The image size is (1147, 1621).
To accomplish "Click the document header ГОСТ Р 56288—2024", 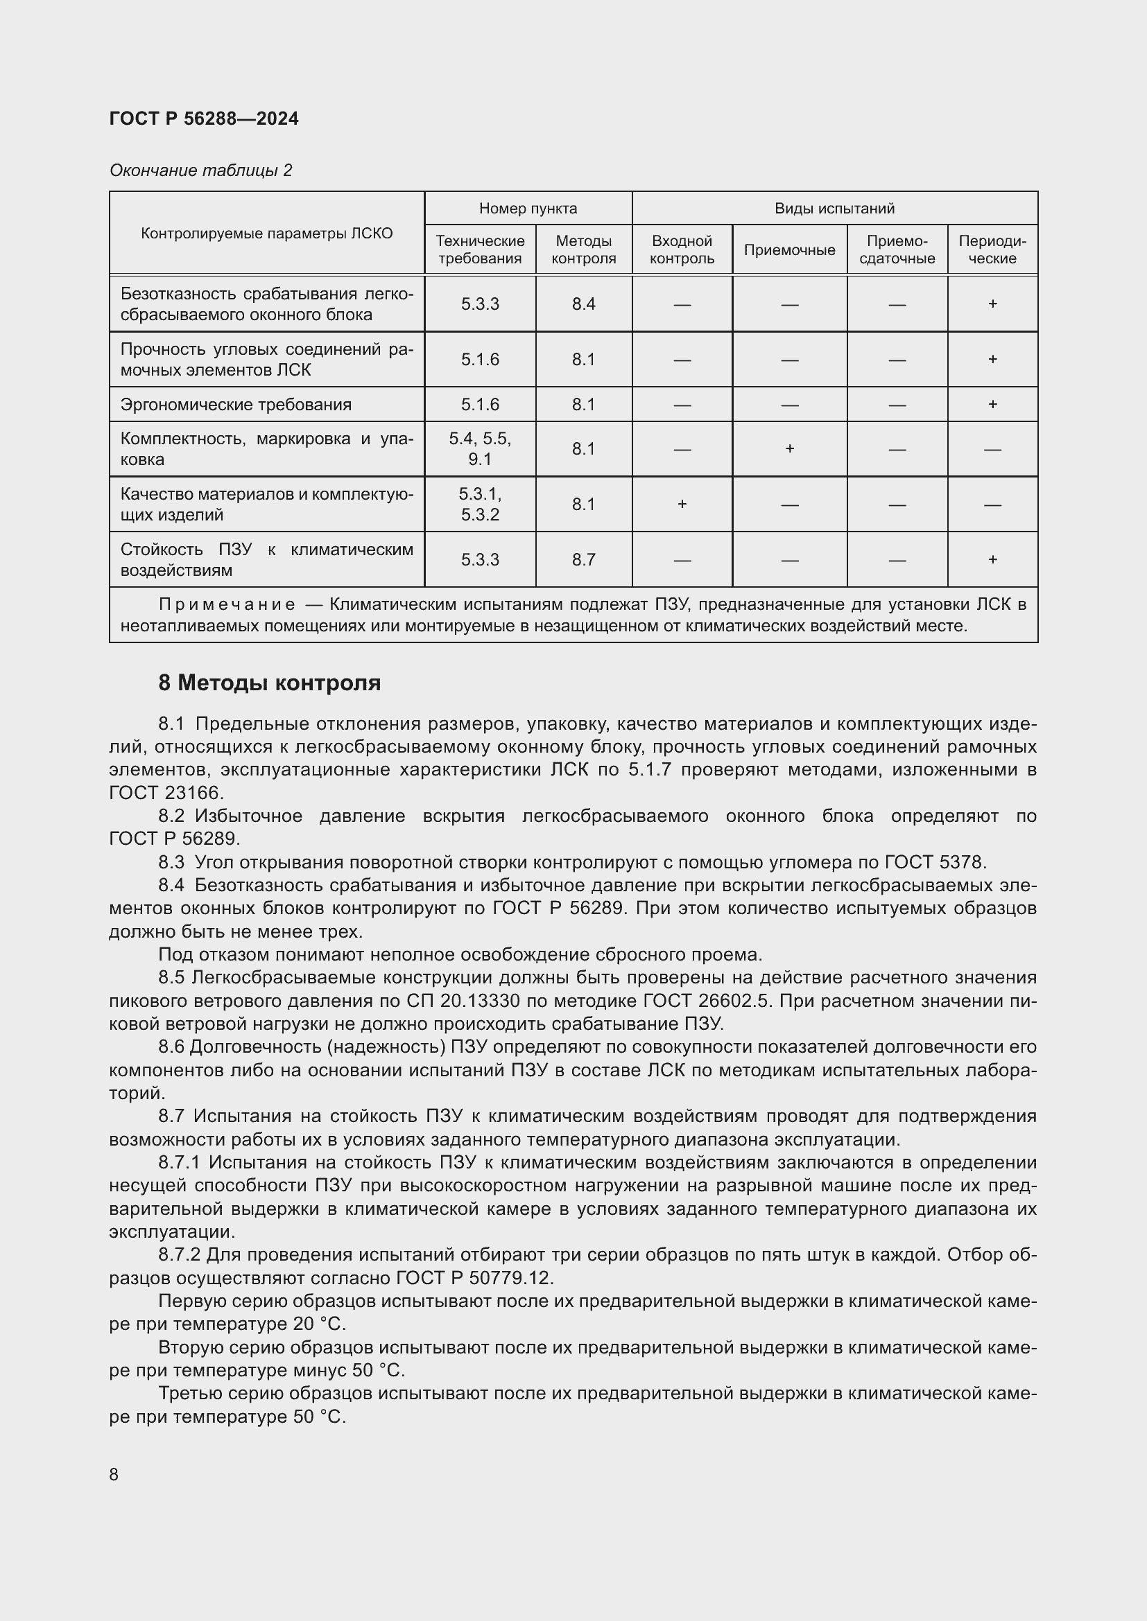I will coord(204,119).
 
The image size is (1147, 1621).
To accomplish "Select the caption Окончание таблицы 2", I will coord(200,170).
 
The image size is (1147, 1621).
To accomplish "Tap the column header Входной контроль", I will coord(682,250).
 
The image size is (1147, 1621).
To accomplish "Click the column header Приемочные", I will coord(789,250).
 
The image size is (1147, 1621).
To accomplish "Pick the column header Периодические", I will coord(992,250).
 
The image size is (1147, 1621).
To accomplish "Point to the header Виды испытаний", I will coord(834,209).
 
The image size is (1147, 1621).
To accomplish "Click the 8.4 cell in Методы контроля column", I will coord(583,304).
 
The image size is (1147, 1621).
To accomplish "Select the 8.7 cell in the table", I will coord(583,560).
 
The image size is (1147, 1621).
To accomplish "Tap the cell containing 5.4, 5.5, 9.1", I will coord(480,449).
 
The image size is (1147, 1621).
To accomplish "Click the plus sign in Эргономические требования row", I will coord(992,405).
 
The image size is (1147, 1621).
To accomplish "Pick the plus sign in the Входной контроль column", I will coord(682,504).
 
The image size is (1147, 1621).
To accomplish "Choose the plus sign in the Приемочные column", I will coord(789,449).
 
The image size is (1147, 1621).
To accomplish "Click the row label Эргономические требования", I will coord(236,405).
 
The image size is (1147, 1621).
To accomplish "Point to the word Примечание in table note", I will coord(227,604).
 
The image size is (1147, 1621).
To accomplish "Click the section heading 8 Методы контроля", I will coord(270,683).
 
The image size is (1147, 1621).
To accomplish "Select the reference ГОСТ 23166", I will coord(166,793).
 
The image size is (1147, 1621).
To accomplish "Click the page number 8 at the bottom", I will coord(114,1475).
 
